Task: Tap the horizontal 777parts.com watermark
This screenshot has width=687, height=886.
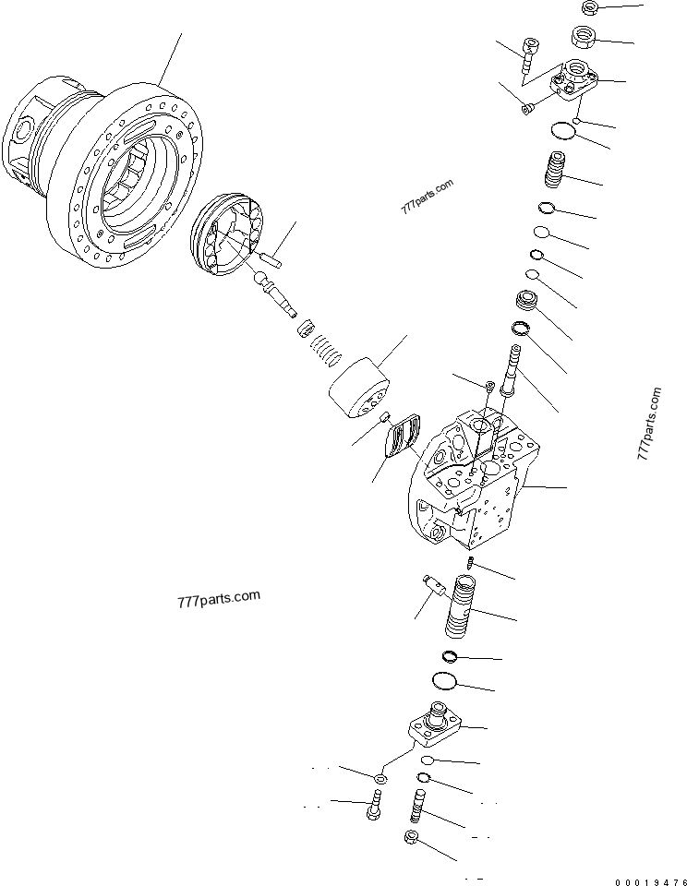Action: pyautogui.click(x=218, y=601)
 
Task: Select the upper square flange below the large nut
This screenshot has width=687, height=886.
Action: pyautogui.click(x=572, y=80)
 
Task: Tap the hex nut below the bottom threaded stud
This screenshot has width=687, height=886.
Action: pyautogui.click(x=412, y=839)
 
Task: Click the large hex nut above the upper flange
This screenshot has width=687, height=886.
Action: pyautogui.click(x=584, y=38)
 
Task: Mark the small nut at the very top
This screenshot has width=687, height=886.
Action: pyautogui.click(x=591, y=8)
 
